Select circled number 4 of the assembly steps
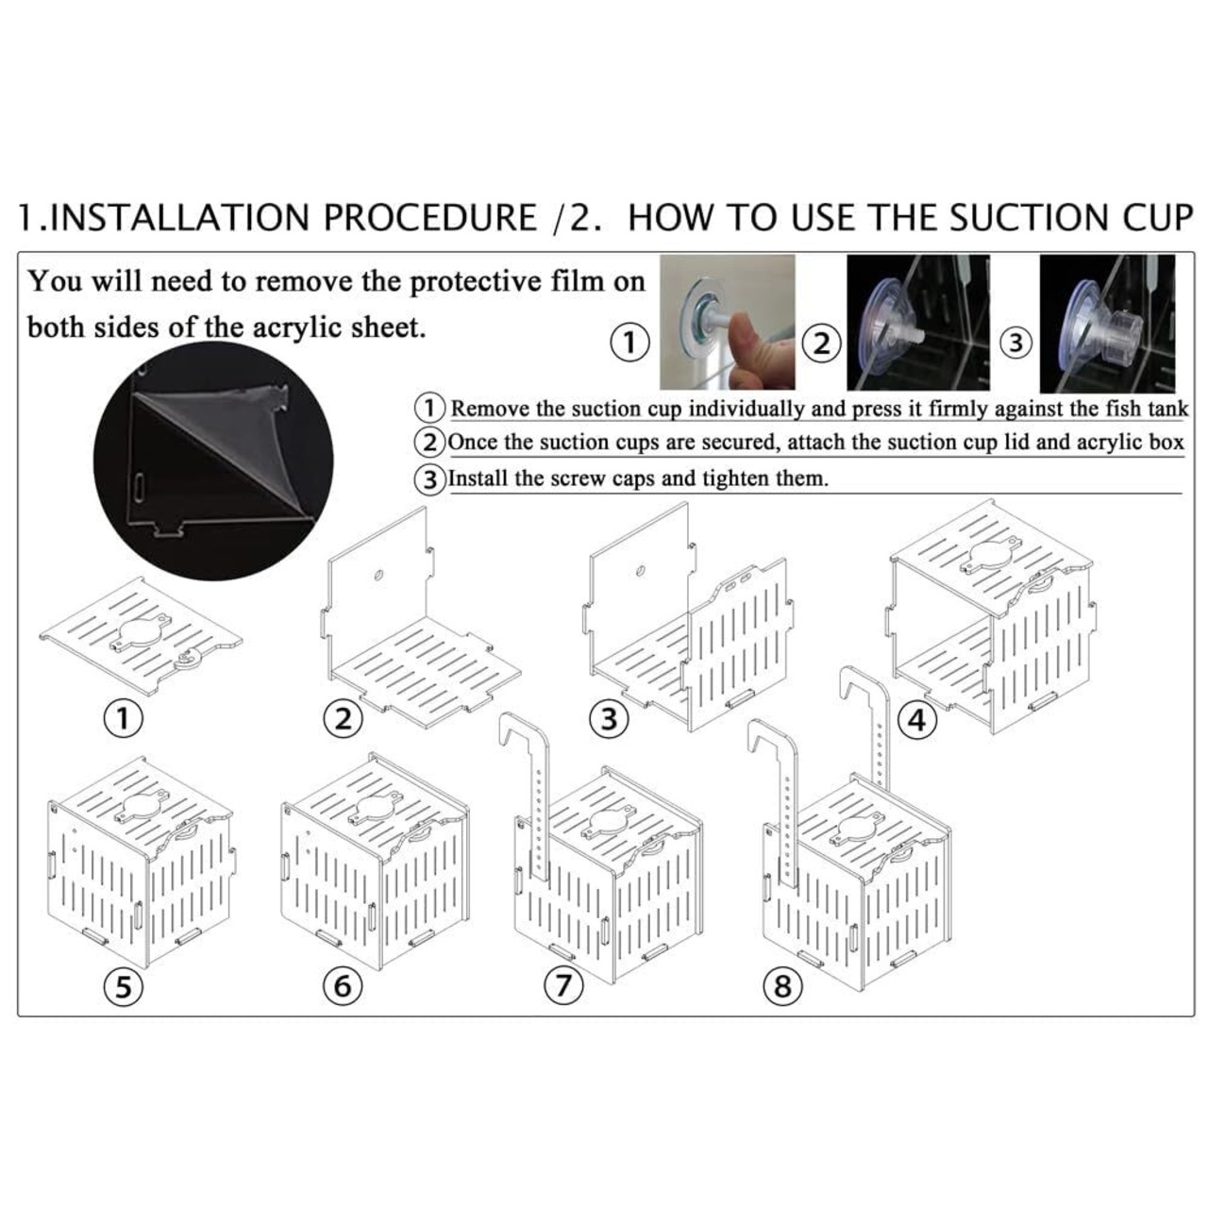(x=916, y=720)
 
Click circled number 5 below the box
(x=124, y=987)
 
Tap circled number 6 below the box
(x=343, y=986)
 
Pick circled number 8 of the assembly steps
(x=783, y=987)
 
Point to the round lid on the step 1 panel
(x=141, y=634)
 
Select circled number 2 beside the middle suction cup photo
(x=821, y=344)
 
